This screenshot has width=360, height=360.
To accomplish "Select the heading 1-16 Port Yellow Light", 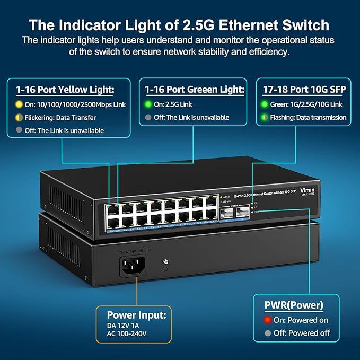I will click(x=66, y=90).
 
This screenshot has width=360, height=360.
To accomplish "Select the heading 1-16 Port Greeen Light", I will click(x=194, y=90).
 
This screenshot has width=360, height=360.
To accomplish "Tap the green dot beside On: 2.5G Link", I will click(x=149, y=104).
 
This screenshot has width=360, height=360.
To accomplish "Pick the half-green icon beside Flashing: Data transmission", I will click(x=264, y=117).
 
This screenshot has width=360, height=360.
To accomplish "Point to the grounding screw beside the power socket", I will click(x=165, y=261).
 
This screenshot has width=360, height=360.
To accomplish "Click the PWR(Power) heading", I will click(x=294, y=305).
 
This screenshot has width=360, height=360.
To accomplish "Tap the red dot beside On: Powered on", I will click(x=268, y=320).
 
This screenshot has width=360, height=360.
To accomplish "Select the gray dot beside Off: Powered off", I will click(x=268, y=333).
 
